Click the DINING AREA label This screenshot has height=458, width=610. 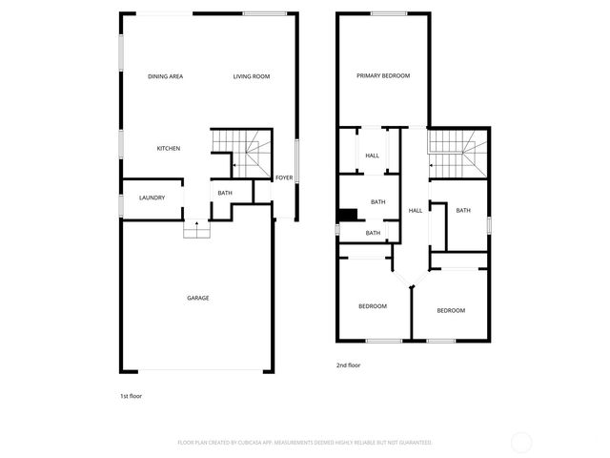(x=165, y=76)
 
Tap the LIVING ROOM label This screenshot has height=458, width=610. (x=252, y=76)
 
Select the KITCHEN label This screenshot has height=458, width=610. (x=169, y=148)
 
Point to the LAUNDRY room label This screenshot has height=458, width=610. (x=152, y=198)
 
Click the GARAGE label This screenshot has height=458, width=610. (x=197, y=298)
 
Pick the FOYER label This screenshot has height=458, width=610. (x=284, y=178)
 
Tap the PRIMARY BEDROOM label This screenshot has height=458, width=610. (x=383, y=75)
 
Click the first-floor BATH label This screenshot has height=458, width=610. (x=225, y=194)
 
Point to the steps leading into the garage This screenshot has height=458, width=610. (x=197, y=230)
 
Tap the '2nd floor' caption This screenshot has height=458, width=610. (x=348, y=365)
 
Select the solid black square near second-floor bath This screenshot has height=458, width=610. (x=349, y=215)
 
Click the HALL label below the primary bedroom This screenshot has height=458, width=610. (x=372, y=156)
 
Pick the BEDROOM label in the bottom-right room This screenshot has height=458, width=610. (x=451, y=311)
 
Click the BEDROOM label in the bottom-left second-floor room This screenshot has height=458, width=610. (x=373, y=306)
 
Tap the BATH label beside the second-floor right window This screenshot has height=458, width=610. (x=463, y=211)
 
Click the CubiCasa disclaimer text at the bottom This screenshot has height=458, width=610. (x=305, y=443)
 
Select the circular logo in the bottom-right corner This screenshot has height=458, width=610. (x=521, y=442)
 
